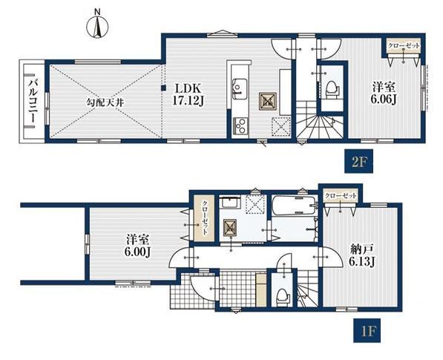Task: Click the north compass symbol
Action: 97,26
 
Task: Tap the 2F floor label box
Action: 358,161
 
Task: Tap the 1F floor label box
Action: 367,330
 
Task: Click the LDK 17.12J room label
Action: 188,95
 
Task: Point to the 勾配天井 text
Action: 105,102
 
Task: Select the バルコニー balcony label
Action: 33,101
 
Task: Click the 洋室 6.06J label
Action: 384,93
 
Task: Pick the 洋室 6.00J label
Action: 137,246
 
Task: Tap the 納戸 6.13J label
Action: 362,256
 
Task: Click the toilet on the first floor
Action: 283,298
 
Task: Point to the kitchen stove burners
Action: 240,125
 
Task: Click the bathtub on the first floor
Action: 294,205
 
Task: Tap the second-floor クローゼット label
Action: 404,45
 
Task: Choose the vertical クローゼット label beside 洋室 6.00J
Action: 205,218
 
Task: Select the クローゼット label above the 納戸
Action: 341,195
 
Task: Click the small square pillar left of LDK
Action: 163,88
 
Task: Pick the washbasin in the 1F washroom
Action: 229,203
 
